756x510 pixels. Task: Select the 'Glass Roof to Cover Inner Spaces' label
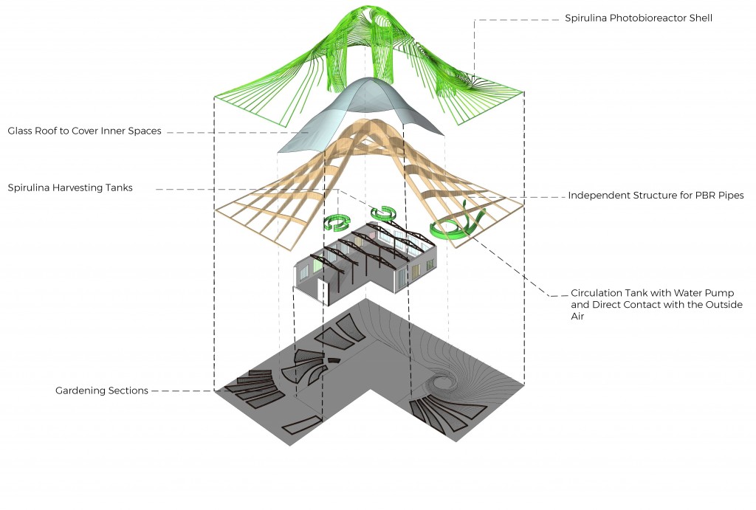[84, 131]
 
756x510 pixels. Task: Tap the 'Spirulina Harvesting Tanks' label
[70, 187]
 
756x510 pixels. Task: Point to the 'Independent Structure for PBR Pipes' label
[655, 196]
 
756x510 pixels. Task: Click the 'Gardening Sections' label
[101, 390]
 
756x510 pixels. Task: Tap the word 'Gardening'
[79, 390]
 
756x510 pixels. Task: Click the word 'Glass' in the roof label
[22, 131]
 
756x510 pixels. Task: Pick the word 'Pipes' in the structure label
[729, 196]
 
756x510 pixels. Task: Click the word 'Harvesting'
[78, 187]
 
